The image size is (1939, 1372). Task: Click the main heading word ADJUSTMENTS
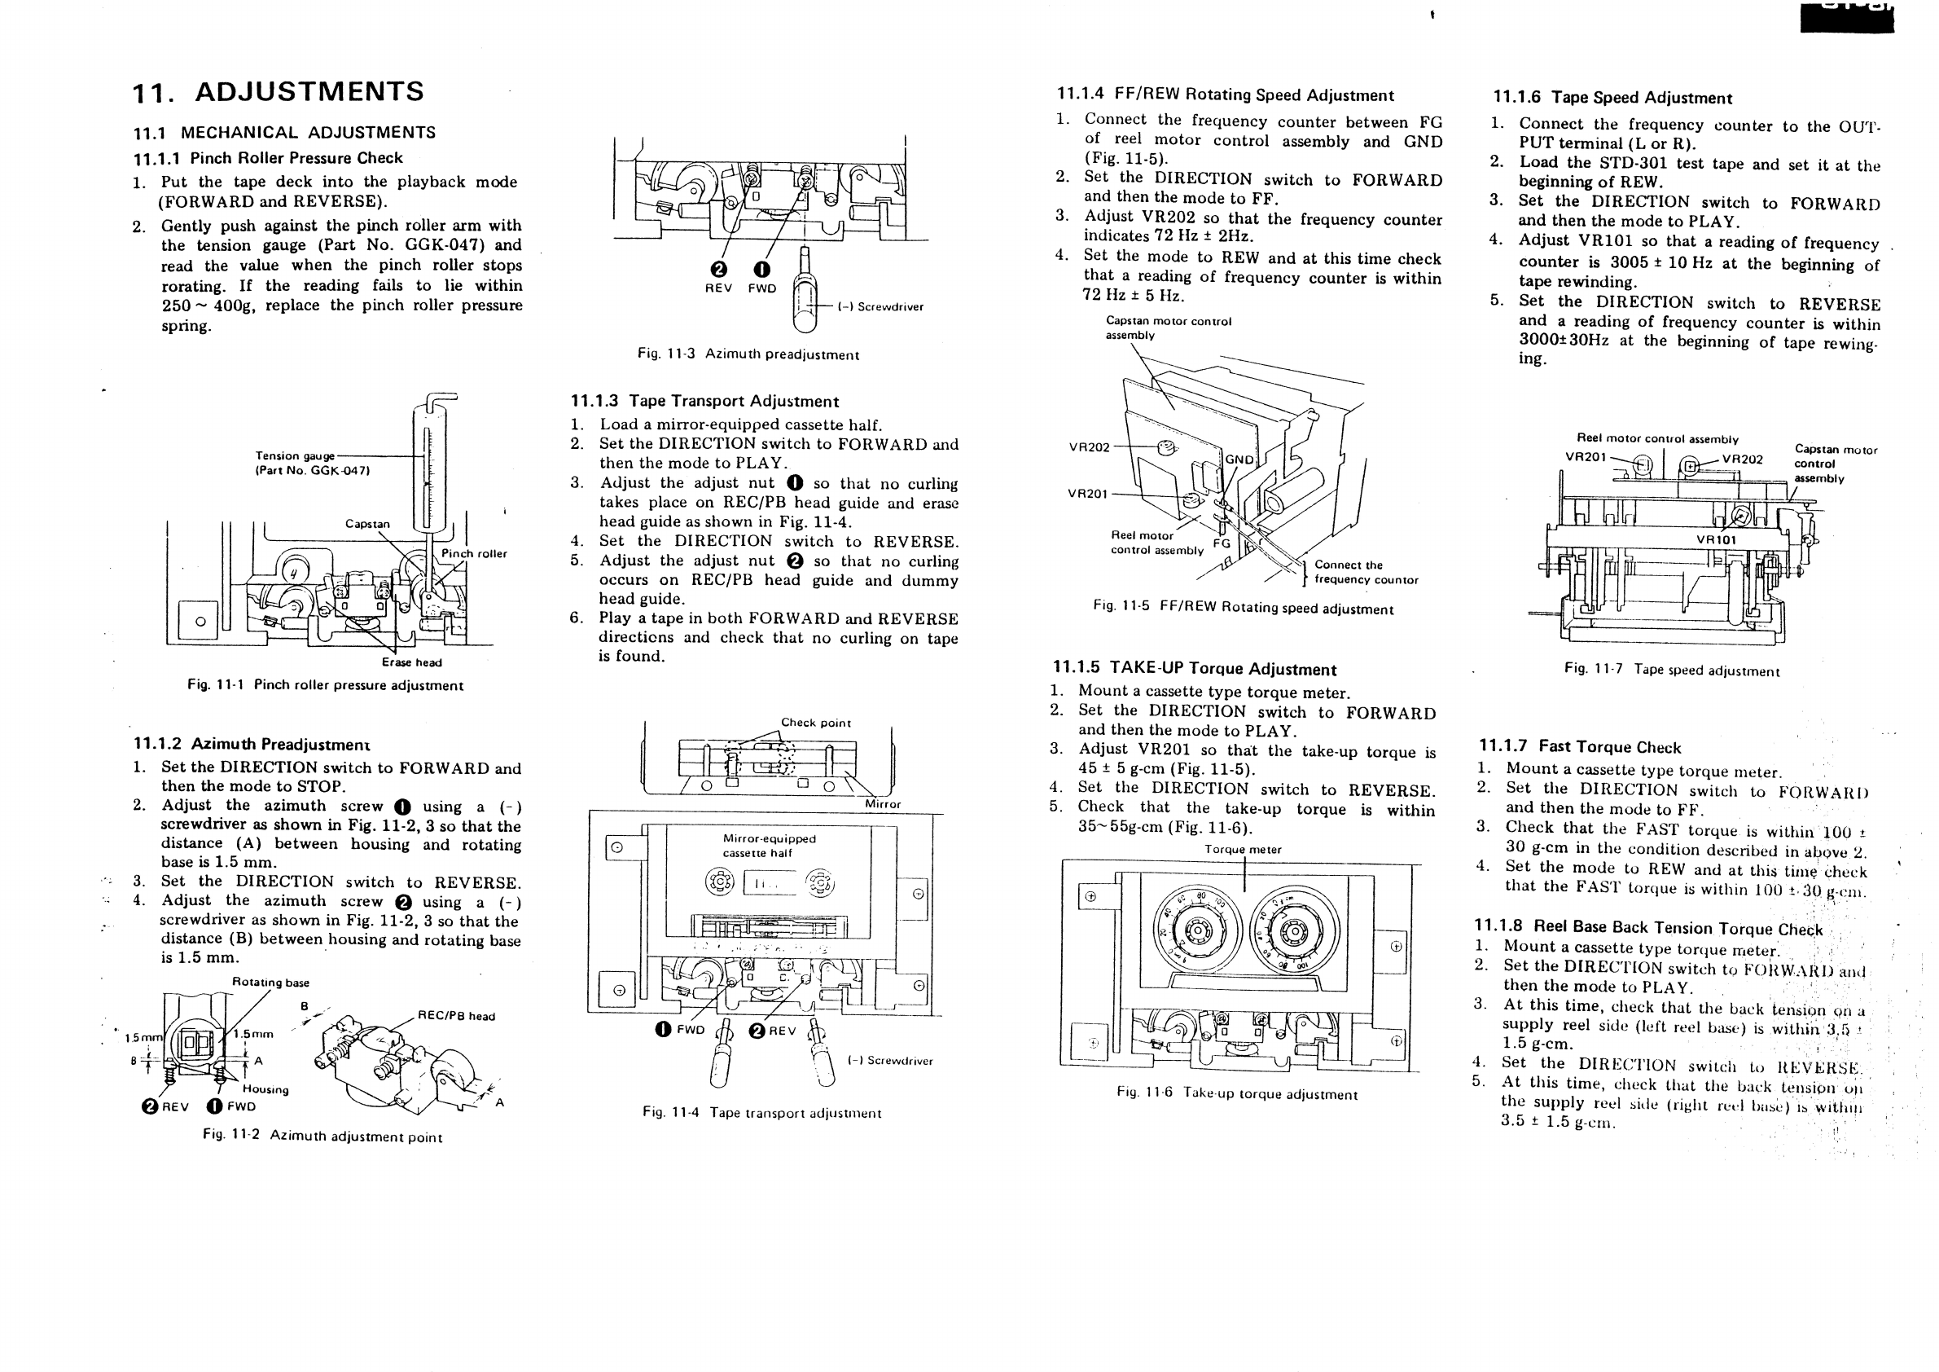tap(309, 91)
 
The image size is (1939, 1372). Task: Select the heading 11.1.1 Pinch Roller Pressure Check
tap(268, 158)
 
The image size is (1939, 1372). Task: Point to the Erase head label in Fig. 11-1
tap(411, 662)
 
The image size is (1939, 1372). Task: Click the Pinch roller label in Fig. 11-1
tap(474, 554)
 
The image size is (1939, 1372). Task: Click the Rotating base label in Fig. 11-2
tap(270, 983)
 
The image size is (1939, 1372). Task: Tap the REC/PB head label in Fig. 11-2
tap(456, 1016)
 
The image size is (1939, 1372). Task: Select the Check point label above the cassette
tap(815, 723)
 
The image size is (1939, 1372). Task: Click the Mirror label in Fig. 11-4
tap(883, 804)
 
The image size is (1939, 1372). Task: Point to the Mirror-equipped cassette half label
tap(769, 846)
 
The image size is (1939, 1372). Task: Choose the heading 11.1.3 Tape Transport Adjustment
tap(704, 402)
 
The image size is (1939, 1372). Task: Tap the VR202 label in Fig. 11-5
tap(1089, 447)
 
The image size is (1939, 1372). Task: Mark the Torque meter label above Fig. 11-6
tap(1242, 849)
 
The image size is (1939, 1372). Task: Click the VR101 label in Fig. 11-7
tap(1716, 540)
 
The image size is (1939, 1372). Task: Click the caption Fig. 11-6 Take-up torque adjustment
tap(1236, 1094)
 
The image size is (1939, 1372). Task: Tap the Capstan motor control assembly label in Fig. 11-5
tap(1168, 328)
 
